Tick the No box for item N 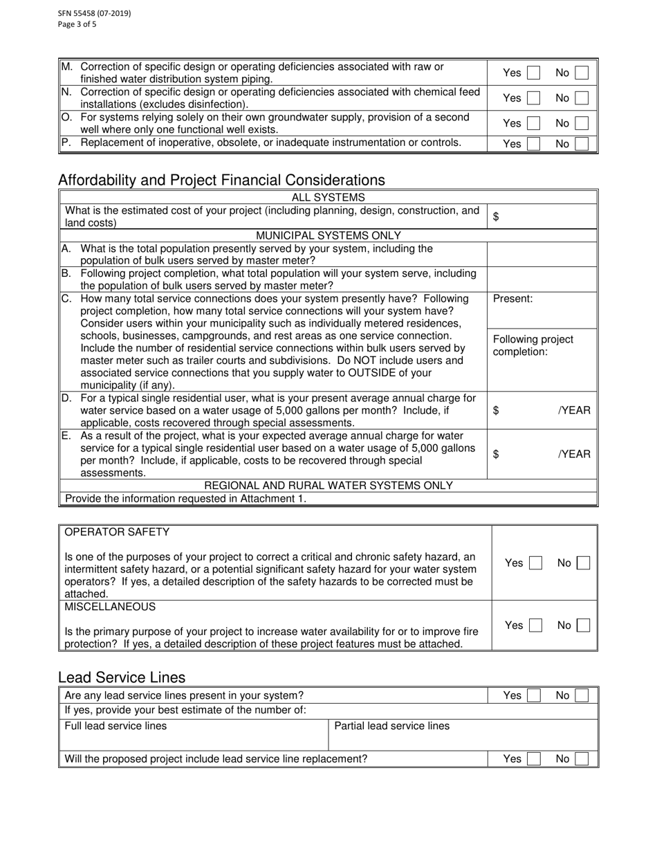coord(582,98)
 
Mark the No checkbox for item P coord(582,144)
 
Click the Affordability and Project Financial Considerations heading coord(221,180)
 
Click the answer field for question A coord(542,255)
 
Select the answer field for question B coord(542,280)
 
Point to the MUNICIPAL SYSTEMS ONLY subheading coord(328,235)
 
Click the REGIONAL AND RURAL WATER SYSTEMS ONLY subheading coord(328,486)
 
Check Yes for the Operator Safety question coord(535,563)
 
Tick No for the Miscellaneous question coord(583,625)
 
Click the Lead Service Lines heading coord(122,677)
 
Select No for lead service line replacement coord(582,759)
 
